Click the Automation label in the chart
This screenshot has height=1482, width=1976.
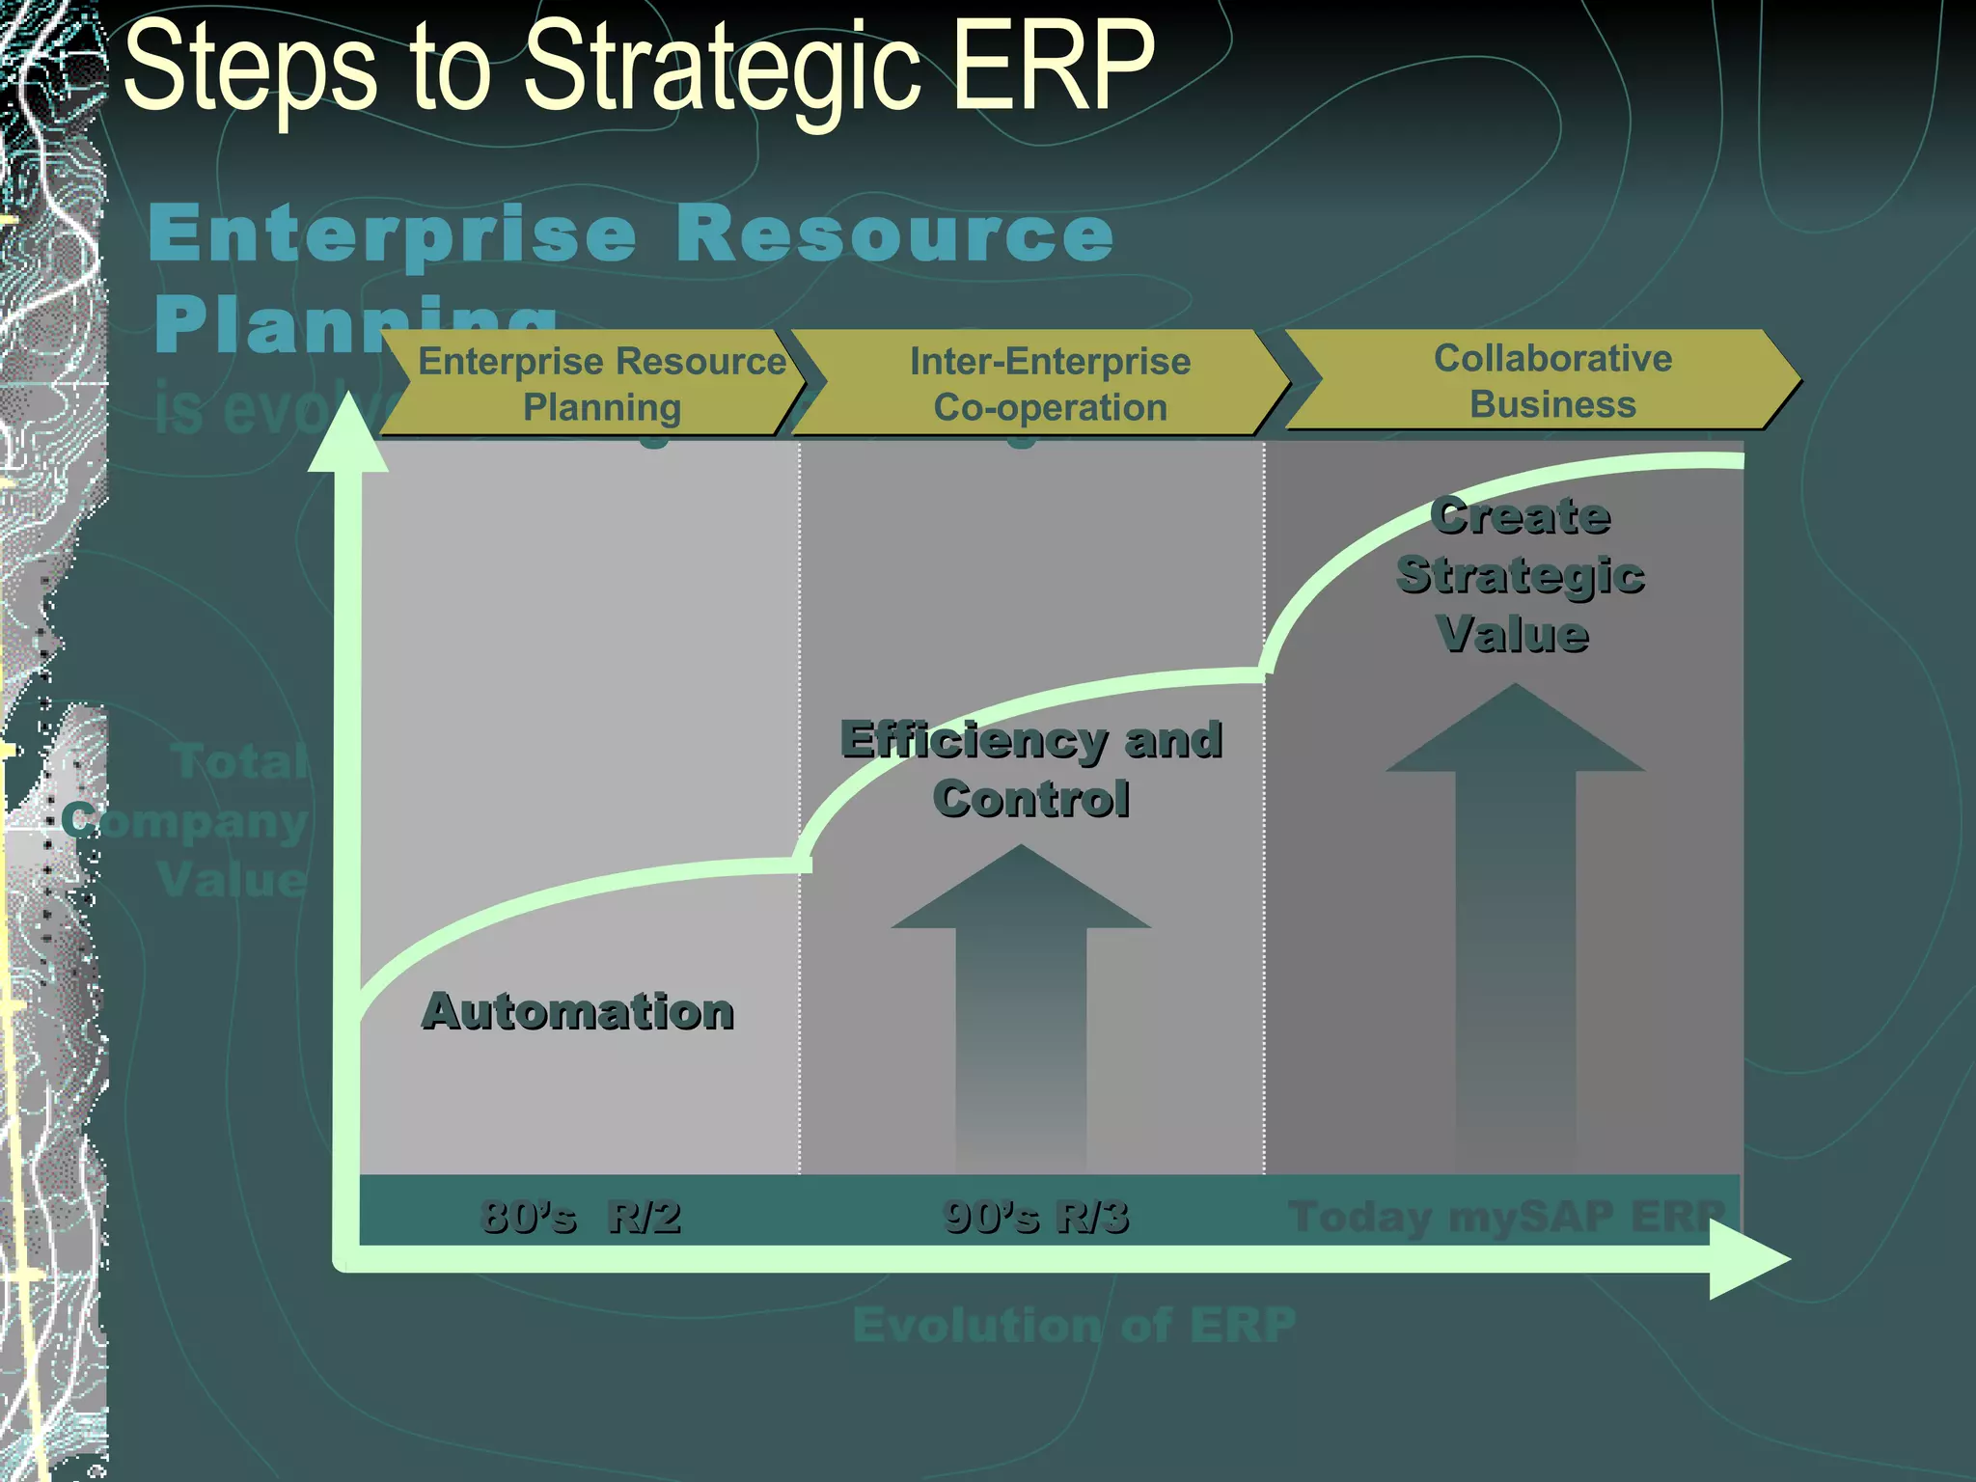[x=578, y=1012]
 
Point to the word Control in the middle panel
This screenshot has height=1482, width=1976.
[x=1030, y=800]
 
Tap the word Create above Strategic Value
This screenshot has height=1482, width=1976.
[x=1520, y=516]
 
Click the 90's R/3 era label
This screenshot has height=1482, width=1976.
[x=1035, y=1216]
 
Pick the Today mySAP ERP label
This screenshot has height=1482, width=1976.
[x=1505, y=1216]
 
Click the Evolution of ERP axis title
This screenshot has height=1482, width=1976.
[x=1074, y=1325]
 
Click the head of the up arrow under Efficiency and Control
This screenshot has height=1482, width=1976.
[x=1021, y=892]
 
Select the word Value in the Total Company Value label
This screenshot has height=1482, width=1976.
[x=232, y=880]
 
